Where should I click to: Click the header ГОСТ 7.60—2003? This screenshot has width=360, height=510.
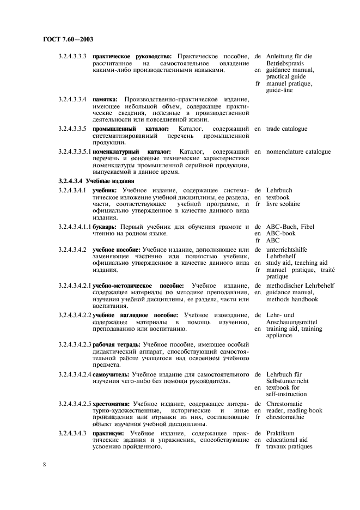pyautogui.click(x=65, y=40)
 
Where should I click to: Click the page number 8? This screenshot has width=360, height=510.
pyautogui.click(x=44, y=464)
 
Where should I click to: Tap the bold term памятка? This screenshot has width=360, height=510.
pyautogui.click(x=105, y=99)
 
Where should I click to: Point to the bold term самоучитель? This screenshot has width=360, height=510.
pyautogui.click(x=111, y=374)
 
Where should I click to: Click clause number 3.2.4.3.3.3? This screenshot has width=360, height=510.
pyautogui.click(x=72, y=56)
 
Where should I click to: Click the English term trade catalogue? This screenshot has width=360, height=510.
pyautogui.click(x=286, y=129)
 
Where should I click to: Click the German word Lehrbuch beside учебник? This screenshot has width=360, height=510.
pyautogui.click(x=279, y=190)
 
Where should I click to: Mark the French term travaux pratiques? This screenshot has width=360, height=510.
pyautogui.click(x=289, y=447)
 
